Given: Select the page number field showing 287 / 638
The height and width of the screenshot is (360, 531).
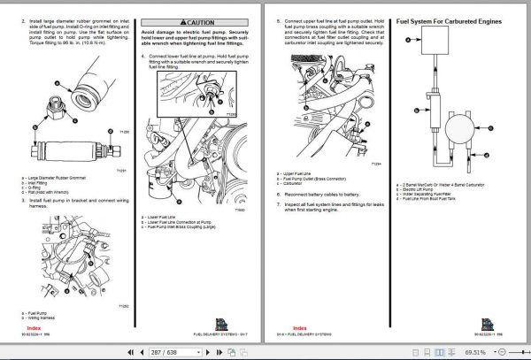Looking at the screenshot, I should point(169,351).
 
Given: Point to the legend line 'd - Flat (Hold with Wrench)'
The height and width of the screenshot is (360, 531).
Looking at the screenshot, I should point(53,190).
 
